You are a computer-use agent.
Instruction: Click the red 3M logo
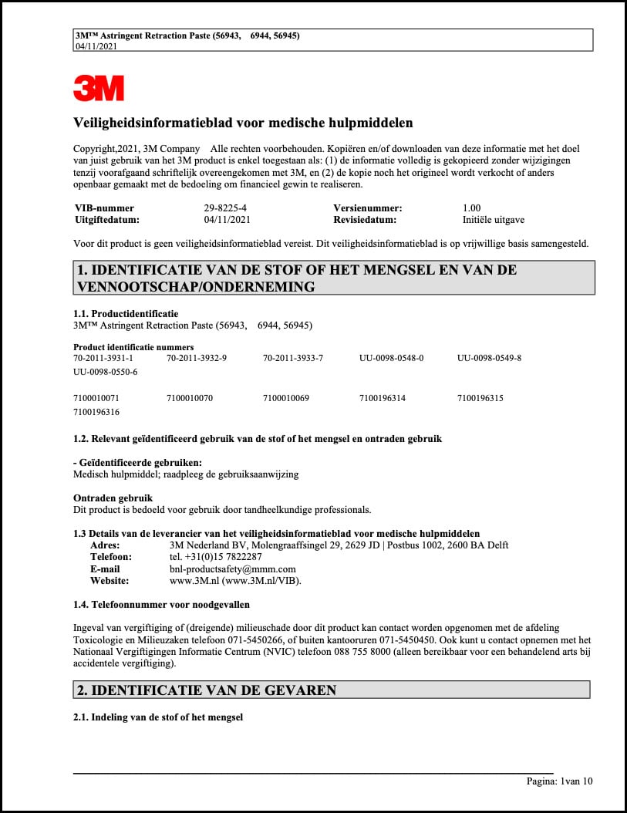coord(98,87)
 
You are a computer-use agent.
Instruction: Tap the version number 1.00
coord(471,208)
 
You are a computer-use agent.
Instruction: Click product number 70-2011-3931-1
coord(103,358)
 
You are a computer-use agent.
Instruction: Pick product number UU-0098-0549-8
coord(489,358)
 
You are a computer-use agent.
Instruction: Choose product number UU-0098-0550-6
coord(105,372)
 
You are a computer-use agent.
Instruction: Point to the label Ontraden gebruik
coord(113,498)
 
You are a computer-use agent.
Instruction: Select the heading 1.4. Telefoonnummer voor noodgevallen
coord(161,604)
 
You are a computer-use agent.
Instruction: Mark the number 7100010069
coord(286,398)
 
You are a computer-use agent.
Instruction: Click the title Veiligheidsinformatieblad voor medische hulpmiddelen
coord(243,123)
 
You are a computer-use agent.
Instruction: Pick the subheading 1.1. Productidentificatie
coord(126,314)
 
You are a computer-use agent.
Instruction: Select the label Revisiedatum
coord(365,220)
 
